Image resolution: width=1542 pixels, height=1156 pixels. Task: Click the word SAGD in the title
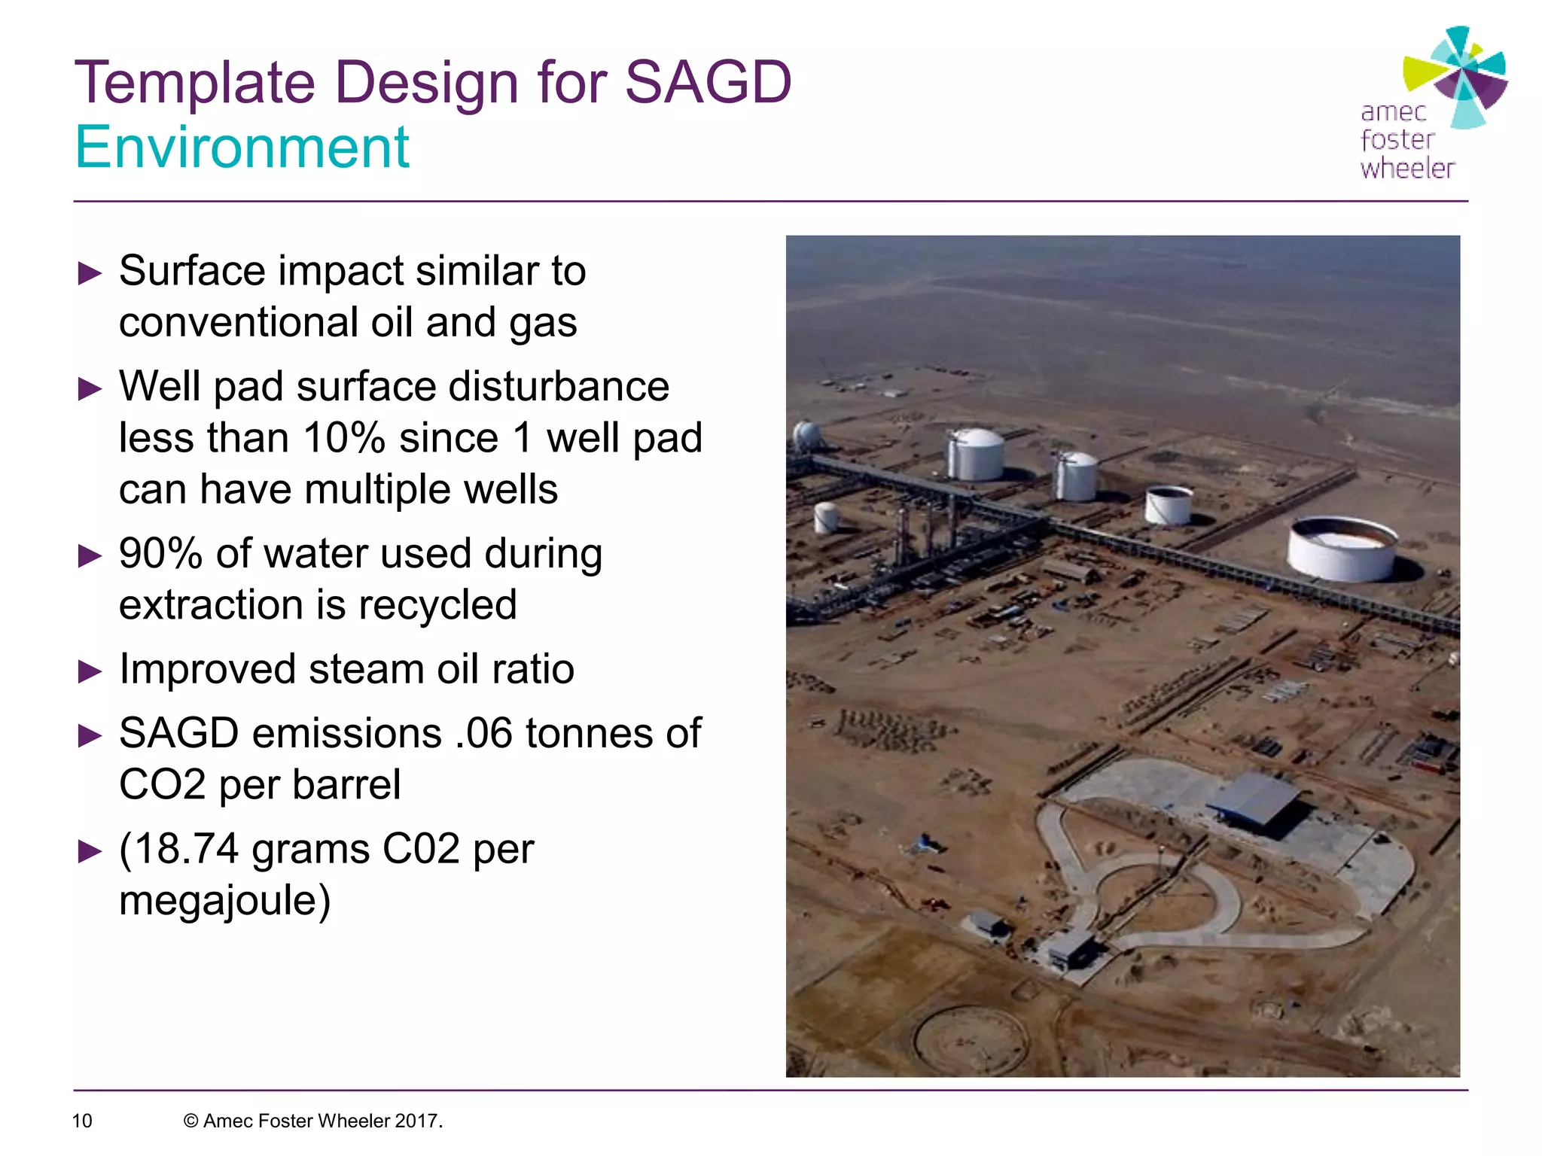point(708,82)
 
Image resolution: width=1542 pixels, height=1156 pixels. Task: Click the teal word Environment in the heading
point(242,148)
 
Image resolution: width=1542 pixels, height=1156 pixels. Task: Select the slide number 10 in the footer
point(81,1121)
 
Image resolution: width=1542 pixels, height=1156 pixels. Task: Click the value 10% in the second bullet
point(344,438)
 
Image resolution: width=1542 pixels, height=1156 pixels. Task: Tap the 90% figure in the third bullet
point(160,554)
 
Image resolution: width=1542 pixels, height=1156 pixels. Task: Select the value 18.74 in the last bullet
point(187,849)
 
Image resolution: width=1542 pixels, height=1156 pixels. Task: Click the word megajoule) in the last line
point(224,901)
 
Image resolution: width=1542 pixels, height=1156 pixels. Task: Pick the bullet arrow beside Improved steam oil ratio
point(90,671)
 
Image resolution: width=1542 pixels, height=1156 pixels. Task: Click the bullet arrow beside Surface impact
point(90,272)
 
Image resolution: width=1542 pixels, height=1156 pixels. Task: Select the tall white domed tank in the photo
point(976,454)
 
